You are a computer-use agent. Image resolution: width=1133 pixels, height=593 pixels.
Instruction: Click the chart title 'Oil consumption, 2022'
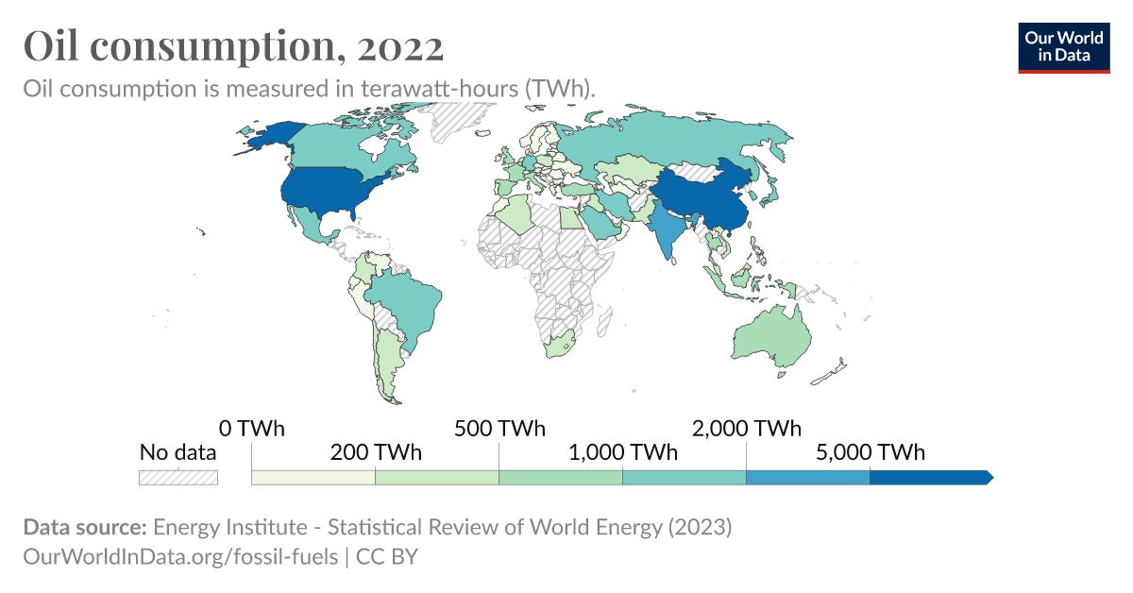[233, 45]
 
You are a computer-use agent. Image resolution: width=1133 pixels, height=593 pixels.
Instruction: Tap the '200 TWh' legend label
[375, 452]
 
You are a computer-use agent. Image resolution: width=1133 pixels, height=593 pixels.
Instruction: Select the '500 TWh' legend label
[499, 428]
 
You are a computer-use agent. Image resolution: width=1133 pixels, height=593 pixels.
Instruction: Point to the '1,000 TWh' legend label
[623, 452]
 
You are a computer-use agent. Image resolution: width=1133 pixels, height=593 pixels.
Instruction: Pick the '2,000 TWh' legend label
[747, 428]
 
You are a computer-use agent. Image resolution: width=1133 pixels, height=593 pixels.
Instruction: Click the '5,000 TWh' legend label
[871, 452]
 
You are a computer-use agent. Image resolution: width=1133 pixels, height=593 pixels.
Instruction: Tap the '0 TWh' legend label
[252, 428]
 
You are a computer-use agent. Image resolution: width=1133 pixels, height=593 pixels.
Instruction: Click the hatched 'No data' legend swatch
[178, 477]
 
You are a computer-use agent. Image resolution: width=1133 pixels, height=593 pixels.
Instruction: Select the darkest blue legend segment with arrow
[930, 477]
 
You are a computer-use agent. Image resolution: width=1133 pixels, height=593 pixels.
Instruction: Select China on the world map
[703, 194]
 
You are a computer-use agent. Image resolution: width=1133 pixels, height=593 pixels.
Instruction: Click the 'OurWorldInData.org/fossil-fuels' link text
[179, 557]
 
